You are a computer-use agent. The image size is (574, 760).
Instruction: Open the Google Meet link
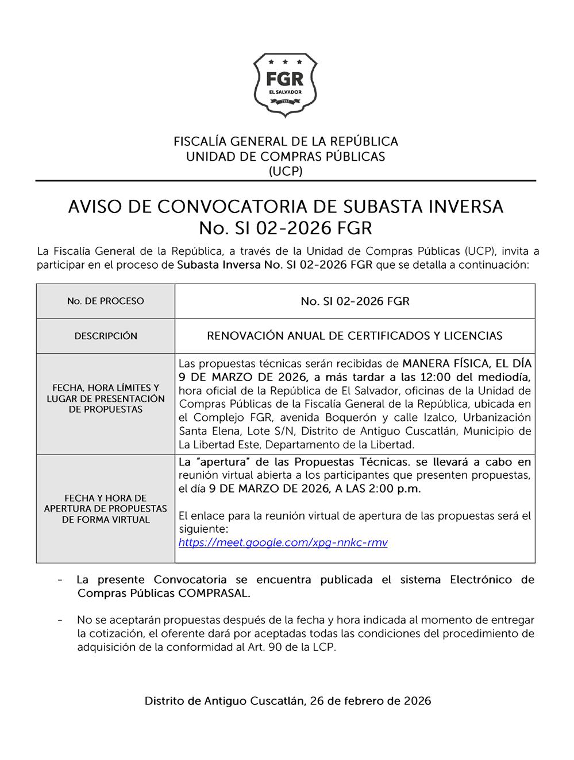point(283,542)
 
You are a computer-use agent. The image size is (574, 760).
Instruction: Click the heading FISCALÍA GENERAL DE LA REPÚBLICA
point(286,141)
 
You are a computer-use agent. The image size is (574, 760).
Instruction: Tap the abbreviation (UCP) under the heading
point(286,171)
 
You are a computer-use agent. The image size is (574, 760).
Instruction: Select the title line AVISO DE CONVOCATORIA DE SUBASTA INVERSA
point(286,207)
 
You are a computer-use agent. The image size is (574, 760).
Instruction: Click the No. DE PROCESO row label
point(106,301)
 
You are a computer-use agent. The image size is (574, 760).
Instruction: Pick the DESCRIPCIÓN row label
point(106,336)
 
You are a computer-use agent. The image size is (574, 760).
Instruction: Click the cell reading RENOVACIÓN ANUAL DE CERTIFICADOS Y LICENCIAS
point(355,336)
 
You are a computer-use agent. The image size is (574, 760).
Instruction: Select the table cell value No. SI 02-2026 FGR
point(355,301)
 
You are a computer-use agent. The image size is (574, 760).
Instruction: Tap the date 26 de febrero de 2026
point(371,701)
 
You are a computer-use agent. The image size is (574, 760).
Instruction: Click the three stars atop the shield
point(285,61)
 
